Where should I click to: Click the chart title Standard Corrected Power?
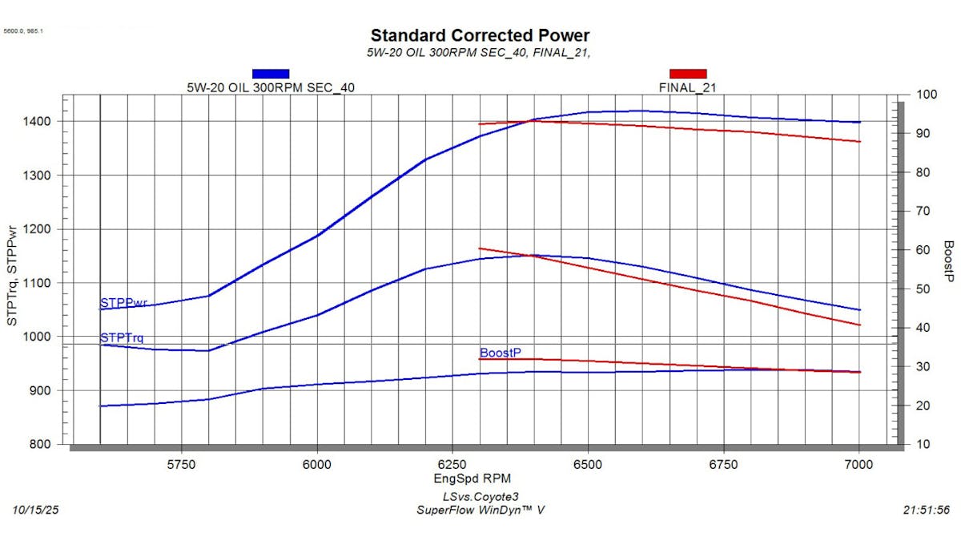point(480,35)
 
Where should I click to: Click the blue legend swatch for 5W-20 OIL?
point(270,74)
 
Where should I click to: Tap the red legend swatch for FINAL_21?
point(687,74)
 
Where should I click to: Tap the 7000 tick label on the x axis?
point(858,464)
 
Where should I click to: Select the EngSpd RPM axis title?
point(479,479)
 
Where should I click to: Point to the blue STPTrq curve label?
point(122,338)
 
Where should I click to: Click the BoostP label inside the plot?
point(501,353)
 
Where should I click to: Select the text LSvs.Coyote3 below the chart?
point(480,497)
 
